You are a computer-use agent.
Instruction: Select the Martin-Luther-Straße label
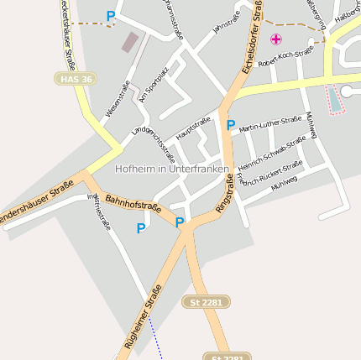coord(270,125)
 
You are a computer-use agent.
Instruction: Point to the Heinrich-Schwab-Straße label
coord(271,154)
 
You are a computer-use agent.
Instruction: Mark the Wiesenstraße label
coord(118,99)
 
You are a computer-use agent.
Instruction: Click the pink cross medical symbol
coord(276,39)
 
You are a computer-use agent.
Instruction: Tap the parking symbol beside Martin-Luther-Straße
coord(231,125)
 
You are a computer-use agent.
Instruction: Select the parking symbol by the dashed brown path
coord(111,16)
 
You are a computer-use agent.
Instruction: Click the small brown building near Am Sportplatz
coord(130,42)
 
